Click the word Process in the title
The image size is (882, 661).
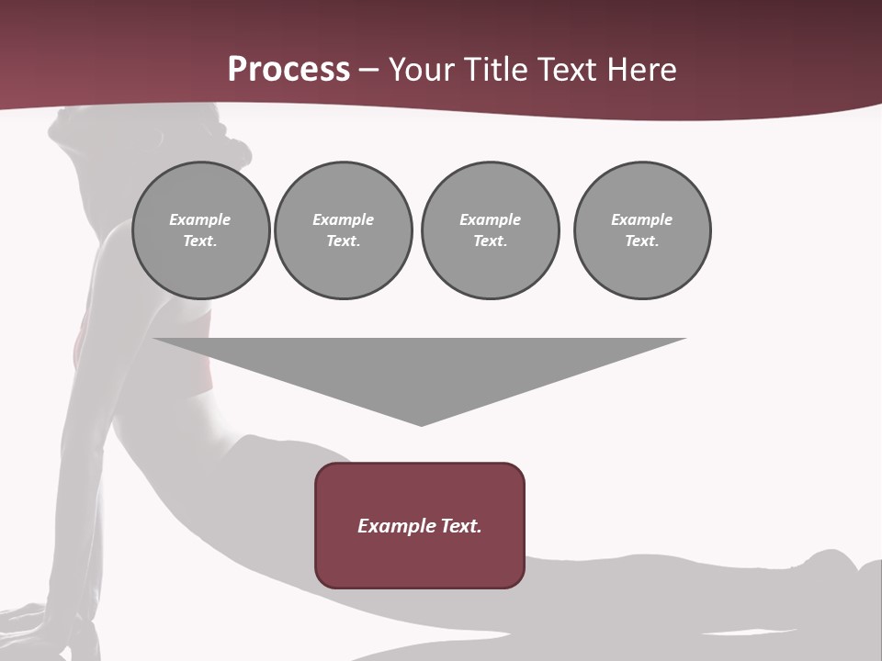pyautogui.click(x=288, y=70)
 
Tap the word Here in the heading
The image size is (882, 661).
pyautogui.click(x=642, y=70)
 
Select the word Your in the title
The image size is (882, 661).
pyautogui.click(x=421, y=70)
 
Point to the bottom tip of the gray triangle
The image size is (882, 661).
pyautogui.click(x=421, y=423)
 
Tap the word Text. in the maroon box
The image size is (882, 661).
pyautogui.click(x=460, y=526)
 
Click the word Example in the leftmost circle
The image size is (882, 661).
pyautogui.click(x=200, y=219)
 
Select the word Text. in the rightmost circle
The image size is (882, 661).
pyautogui.click(x=642, y=241)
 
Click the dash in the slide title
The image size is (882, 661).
pyautogui.click(x=369, y=70)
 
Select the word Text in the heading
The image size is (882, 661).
pyautogui.click(x=566, y=70)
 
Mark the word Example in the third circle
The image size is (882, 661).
pyautogui.click(x=490, y=219)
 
